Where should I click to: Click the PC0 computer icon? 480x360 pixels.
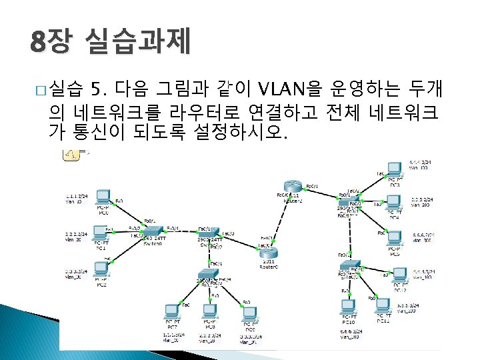click(x=103, y=197)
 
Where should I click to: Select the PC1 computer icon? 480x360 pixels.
click(x=102, y=233)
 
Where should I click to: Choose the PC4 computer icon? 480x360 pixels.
click(x=395, y=201)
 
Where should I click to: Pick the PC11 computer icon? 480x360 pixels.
click(x=383, y=305)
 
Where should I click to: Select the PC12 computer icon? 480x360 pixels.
click(x=400, y=275)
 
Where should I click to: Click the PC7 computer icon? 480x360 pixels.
click(x=173, y=311)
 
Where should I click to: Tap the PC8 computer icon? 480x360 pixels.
click(x=210, y=311)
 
